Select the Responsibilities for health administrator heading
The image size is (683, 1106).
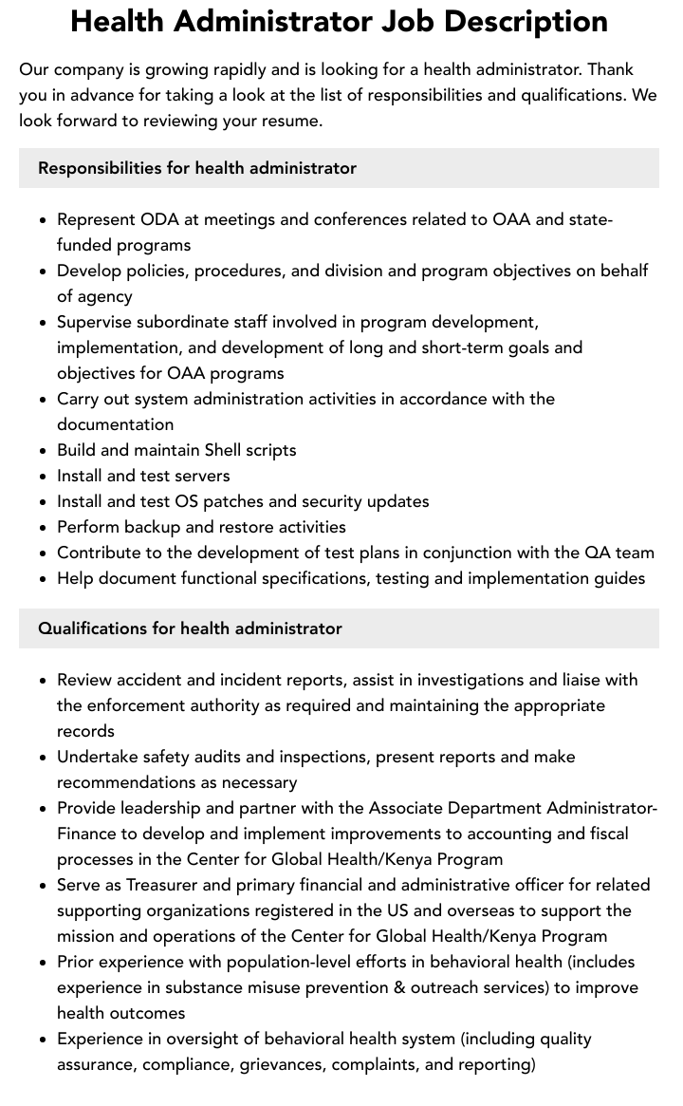[x=197, y=168]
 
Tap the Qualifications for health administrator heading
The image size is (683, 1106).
[x=190, y=628]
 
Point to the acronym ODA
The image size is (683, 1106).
[x=159, y=219]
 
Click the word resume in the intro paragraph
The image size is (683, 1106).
[x=291, y=121]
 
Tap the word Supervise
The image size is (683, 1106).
[x=96, y=322]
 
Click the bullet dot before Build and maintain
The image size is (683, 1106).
[x=44, y=451]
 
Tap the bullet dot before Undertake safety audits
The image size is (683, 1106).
[x=44, y=758]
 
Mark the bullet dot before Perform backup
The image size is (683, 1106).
[x=44, y=528]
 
